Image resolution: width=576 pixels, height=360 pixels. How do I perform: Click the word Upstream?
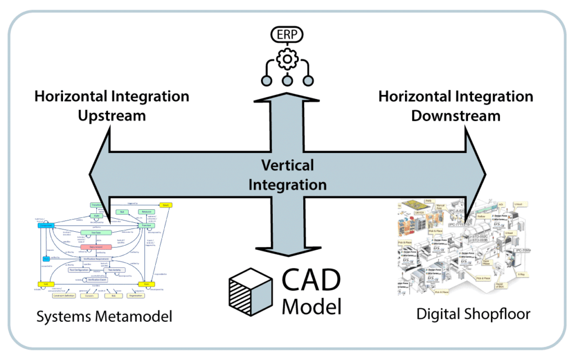point(111,115)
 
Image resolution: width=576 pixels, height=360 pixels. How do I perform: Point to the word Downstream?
point(456,115)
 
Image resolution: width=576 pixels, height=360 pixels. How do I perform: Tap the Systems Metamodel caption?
point(104,317)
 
